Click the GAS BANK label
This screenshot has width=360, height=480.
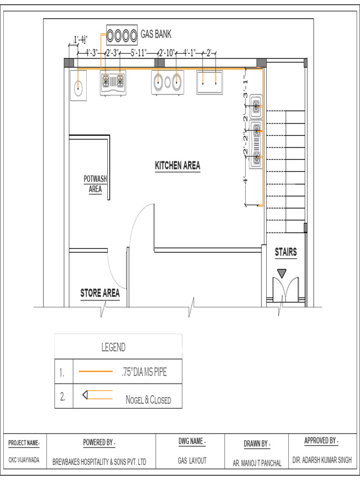(156, 34)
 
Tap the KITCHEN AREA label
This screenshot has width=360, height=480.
(178, 165)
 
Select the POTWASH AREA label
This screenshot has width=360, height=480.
(95, 184)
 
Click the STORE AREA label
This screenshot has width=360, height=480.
(100, 293)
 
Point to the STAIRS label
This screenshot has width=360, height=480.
(285, 252)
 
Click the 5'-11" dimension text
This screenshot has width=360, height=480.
(139, 52)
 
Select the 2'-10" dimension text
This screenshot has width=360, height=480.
(166, 52)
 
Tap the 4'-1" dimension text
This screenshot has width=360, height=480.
(191, 52)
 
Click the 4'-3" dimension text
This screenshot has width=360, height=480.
(91, 52)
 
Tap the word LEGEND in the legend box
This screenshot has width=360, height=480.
(113, 347)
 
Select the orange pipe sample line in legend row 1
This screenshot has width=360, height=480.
(96, 371)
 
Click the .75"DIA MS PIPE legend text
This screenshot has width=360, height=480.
(143, 373)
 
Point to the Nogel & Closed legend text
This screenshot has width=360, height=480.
(148, 400)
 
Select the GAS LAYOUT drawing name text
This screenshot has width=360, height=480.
(192, 461)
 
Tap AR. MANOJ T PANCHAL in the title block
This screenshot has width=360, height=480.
(257, 463)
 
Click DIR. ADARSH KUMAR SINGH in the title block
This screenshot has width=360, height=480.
(322, 460)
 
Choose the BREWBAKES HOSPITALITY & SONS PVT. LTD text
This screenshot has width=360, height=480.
(99, 462)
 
